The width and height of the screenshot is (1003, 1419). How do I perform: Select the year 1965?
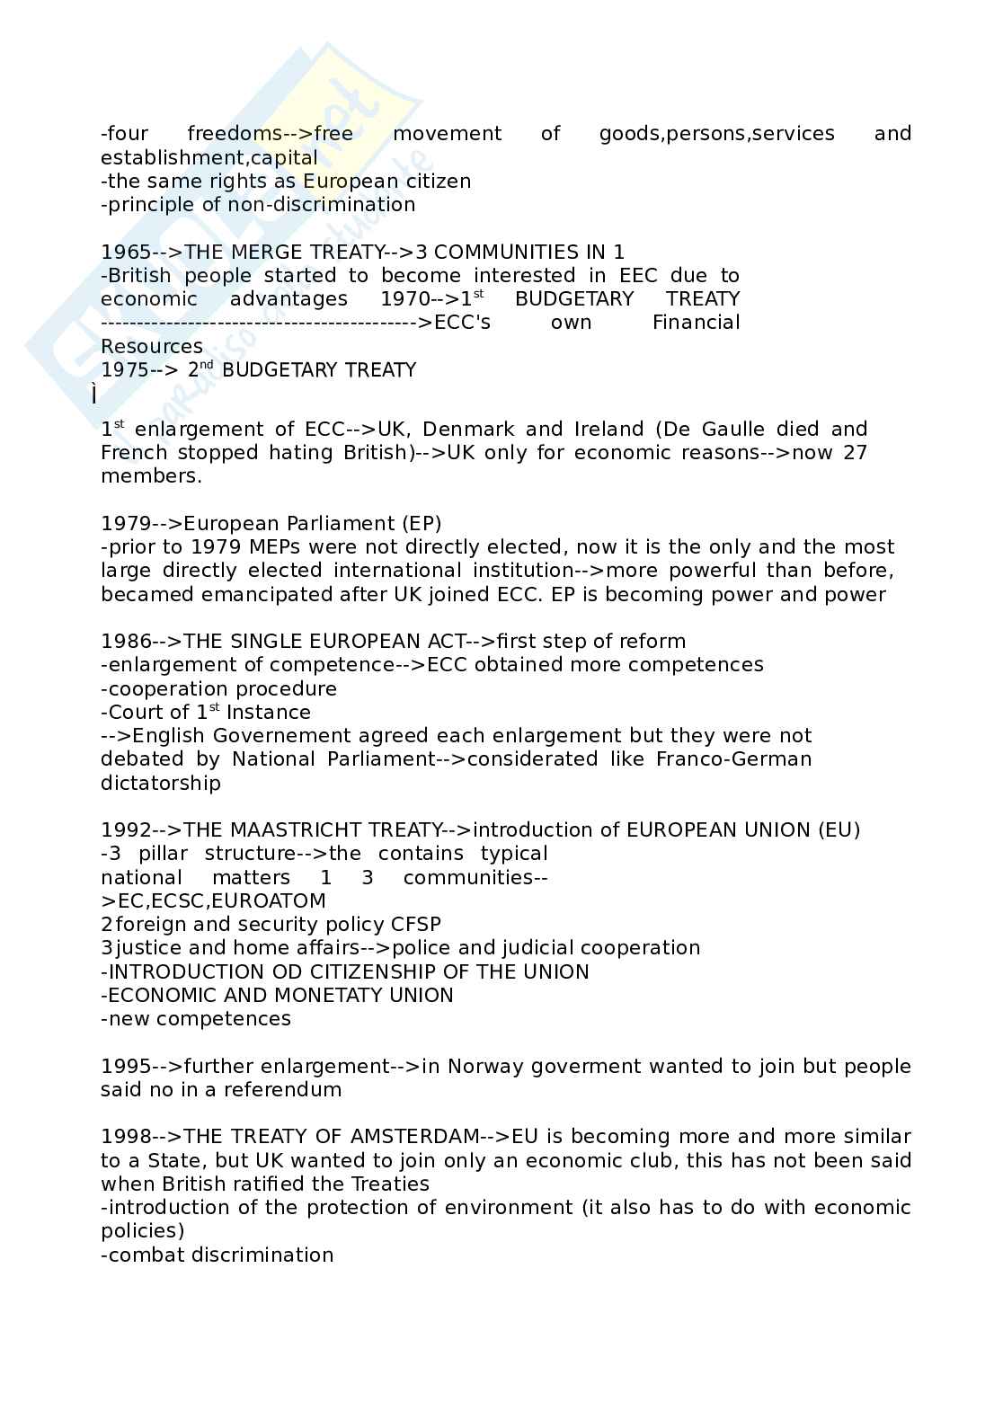[126, 253]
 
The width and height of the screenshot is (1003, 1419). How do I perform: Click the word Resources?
[152, 347]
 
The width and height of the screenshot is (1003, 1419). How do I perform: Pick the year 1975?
[126, 370]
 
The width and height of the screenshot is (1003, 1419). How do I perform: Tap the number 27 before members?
[855, 453]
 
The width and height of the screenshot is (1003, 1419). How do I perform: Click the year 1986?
[126, 642]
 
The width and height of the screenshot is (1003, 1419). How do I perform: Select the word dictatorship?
[161, 784]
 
